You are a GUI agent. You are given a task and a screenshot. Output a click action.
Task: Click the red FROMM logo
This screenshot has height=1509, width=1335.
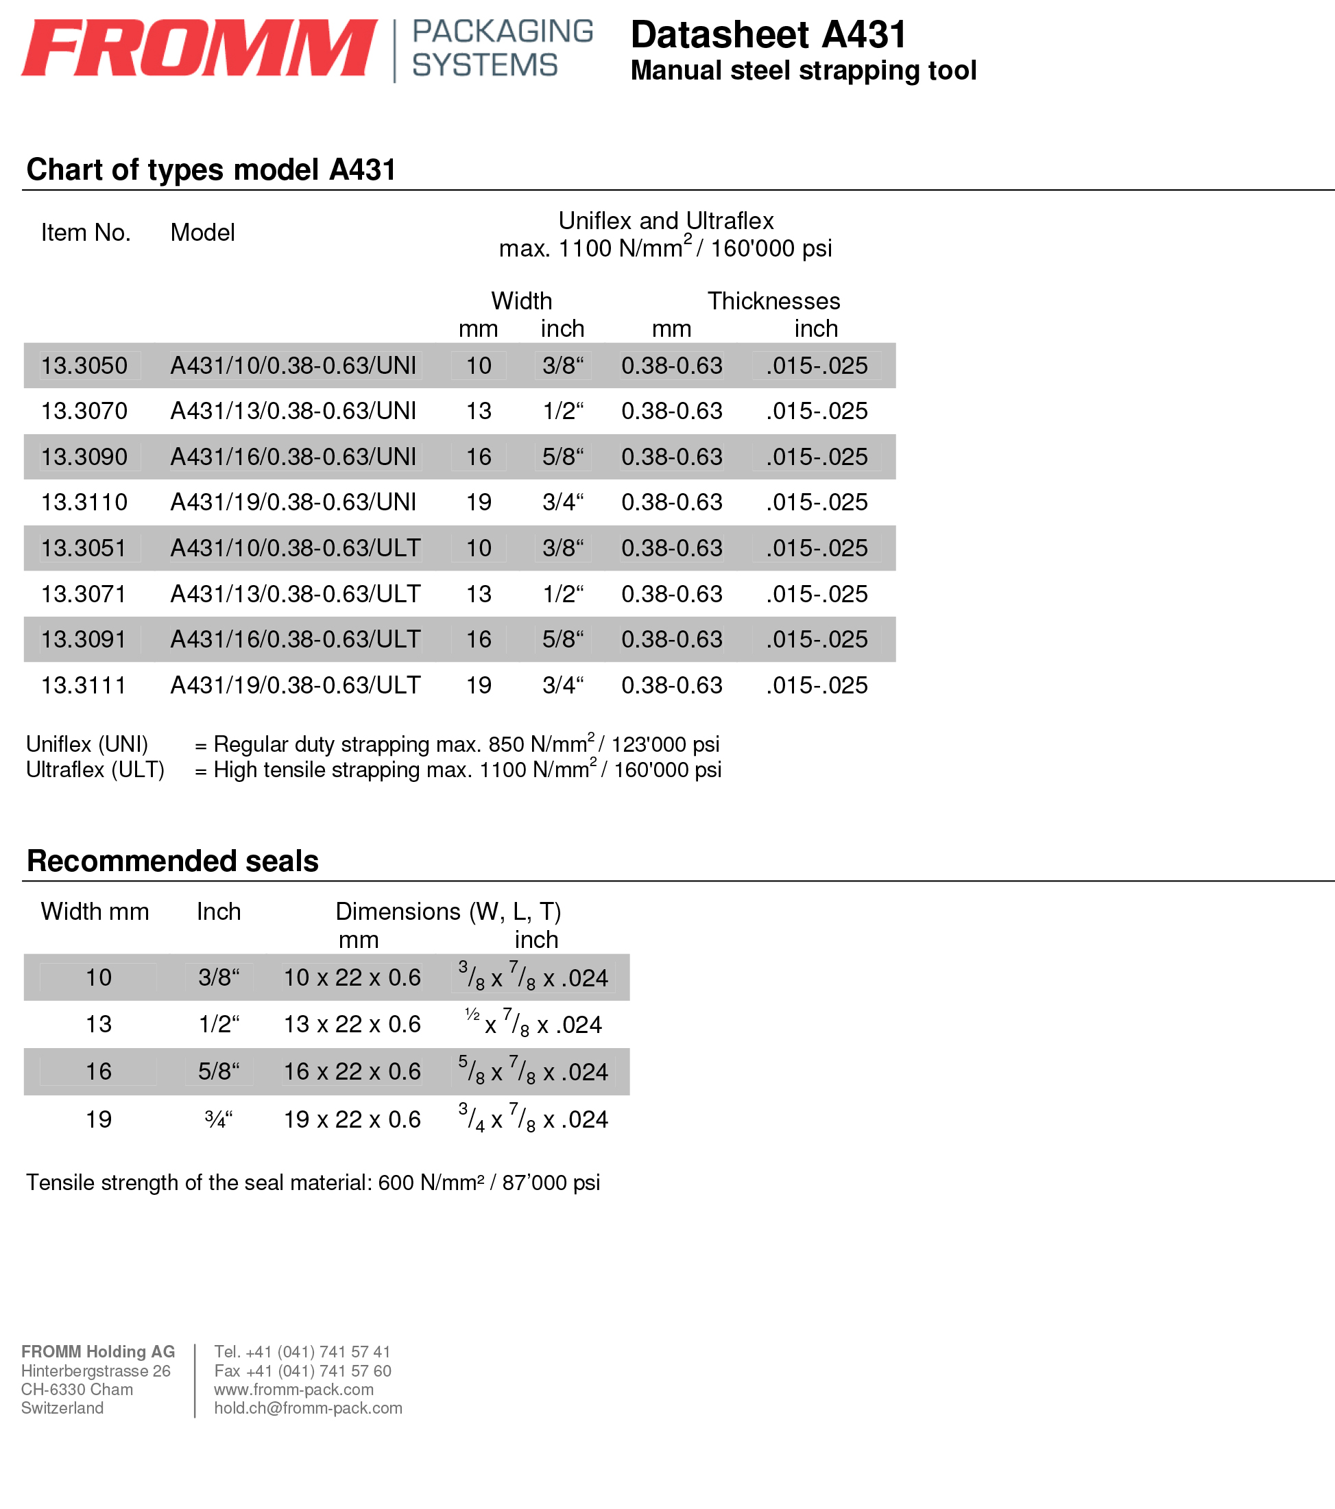pos(200,48)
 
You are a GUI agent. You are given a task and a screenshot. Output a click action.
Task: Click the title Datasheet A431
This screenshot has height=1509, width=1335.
pos(768,35)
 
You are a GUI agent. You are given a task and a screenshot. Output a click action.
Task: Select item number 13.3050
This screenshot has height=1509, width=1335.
pos(84,366)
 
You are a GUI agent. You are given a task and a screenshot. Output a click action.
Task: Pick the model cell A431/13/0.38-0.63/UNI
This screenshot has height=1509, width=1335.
pos(293,412)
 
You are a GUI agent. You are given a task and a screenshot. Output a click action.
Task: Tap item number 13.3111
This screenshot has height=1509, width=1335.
pos(84,685)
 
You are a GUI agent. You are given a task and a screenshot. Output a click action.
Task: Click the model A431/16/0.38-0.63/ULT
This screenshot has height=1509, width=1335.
pos(296,639)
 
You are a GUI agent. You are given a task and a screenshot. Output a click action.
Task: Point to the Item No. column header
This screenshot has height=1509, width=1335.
pos(86,233)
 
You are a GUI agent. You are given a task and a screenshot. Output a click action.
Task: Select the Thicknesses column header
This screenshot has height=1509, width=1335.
pos(773,301)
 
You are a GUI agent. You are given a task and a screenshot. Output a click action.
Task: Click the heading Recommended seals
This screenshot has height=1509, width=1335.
pos(173,861)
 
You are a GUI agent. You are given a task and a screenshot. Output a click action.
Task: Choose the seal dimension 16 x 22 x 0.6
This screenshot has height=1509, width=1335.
pos(352,1071)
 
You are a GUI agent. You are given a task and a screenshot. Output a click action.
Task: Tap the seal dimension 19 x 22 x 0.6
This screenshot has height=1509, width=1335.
pos(352,1119)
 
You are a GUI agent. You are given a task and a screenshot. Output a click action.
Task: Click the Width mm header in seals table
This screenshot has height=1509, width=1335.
pos(95,912)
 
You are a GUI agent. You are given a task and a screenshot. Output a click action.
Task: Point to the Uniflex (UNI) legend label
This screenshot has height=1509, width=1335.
pos(87,744)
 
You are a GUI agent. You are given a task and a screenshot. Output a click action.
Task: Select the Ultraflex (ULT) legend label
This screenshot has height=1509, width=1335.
pos(95,770)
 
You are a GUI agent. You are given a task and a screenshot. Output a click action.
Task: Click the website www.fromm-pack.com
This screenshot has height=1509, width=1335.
pos(293,1390)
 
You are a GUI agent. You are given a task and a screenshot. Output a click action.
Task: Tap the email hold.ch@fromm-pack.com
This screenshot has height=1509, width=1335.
pos(308,1408)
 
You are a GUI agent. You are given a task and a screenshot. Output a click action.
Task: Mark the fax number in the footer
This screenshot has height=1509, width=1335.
pos(302,1371)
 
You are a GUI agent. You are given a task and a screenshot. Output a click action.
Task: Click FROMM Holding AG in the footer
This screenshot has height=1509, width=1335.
pos(98,1352)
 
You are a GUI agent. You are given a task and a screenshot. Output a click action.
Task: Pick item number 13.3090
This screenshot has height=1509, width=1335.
pos(84,457)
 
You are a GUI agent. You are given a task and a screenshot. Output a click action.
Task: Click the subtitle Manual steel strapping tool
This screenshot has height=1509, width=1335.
pos(803,71)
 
